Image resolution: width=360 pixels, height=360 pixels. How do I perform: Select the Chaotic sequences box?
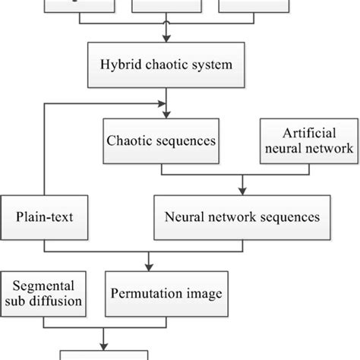coord(159,140)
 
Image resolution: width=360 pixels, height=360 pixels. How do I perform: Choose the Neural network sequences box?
coord(242,216)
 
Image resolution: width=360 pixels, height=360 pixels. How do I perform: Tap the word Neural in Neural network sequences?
coord(183,216)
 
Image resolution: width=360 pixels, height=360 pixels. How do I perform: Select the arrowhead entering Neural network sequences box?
coord(242,192)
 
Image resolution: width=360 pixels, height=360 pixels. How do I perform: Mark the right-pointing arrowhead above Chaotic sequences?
coord(163,103)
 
